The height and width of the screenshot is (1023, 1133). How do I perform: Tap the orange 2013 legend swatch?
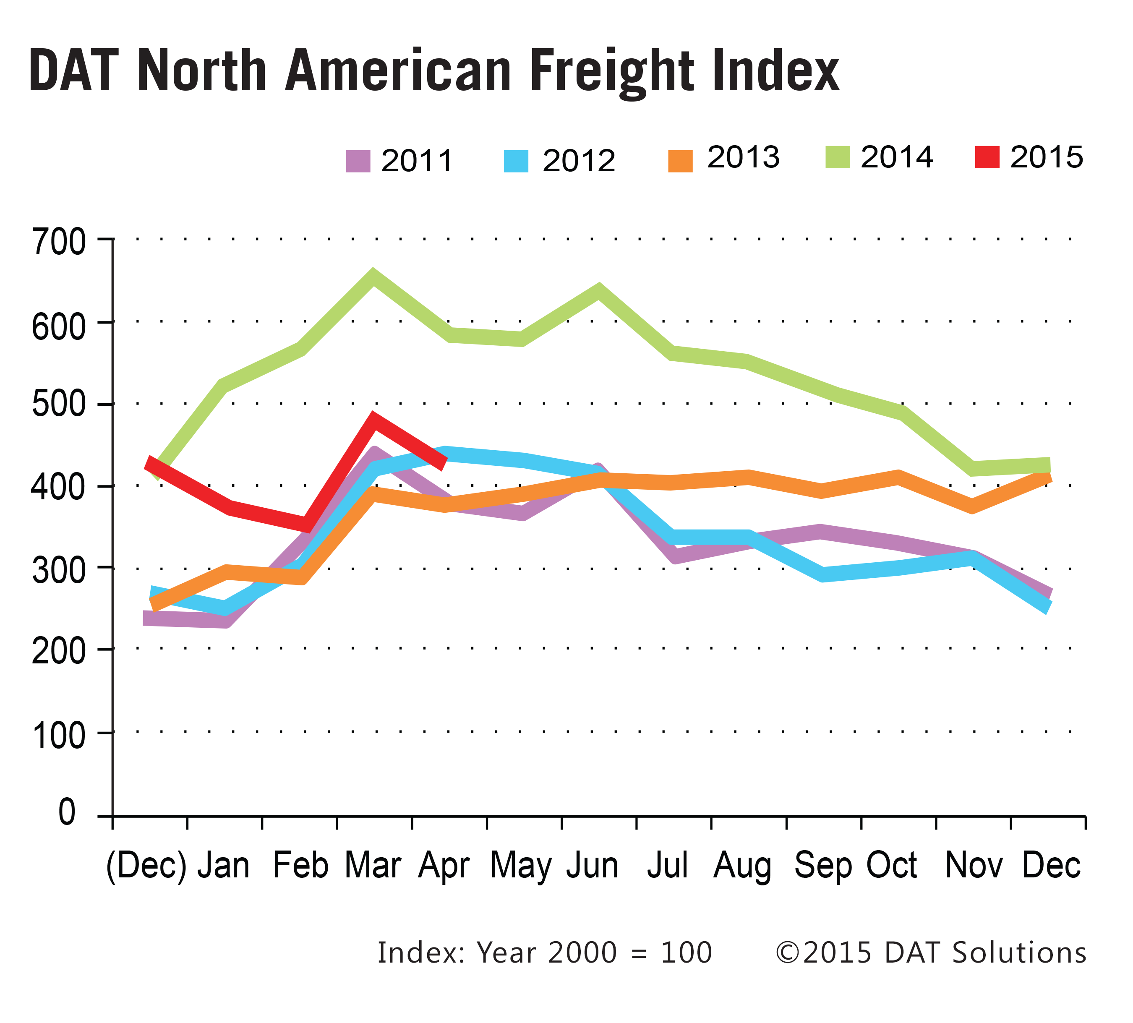tap(680, 160)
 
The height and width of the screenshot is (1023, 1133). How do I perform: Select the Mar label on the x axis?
tap(373, 866)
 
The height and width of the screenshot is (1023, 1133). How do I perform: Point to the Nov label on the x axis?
tap(974, 866)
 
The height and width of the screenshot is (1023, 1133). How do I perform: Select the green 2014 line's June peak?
tap(599, 292)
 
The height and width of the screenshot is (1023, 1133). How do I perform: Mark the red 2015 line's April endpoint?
tap(444, 462)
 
